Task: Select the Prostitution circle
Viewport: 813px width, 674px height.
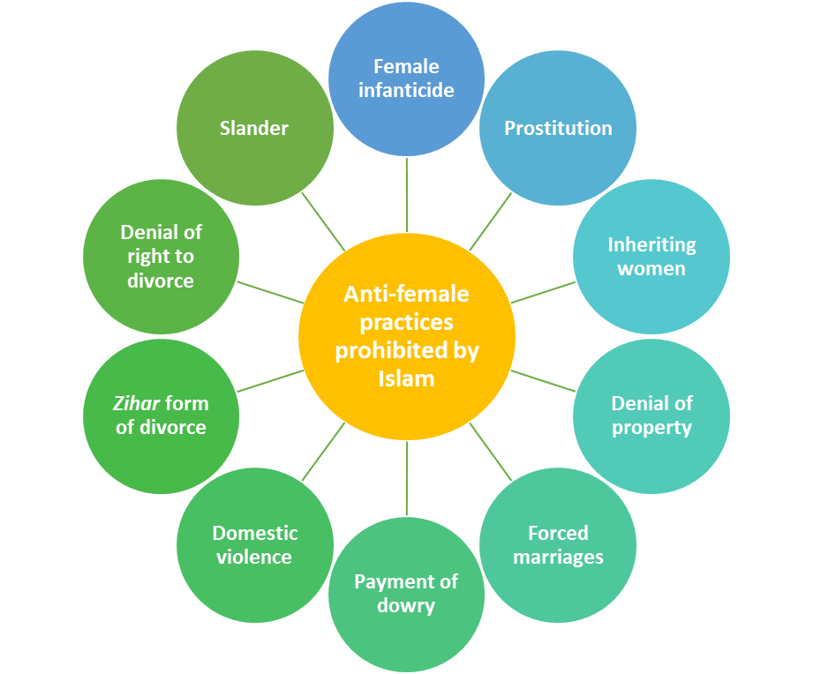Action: pos(557,128)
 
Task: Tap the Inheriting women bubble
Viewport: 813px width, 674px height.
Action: pos(651,257)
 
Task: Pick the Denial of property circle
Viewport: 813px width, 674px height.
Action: pos(651,416)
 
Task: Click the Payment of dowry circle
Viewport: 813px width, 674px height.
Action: pos(406,594)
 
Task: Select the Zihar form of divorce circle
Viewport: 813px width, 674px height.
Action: pos(161,416)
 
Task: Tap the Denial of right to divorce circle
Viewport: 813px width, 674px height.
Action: pos(161,257)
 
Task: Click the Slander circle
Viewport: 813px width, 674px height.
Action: pos(254,128)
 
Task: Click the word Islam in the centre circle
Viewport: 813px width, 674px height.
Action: pos(406,378)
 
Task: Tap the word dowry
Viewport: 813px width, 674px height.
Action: pos(406,606)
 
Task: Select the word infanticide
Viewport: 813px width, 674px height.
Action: pos(406,90)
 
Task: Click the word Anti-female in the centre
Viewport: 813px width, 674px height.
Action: pos(406,294)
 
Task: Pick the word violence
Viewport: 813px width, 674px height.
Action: pos(254,558)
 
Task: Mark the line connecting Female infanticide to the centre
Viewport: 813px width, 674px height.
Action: pos(407,194)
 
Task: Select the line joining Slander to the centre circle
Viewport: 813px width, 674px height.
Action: pos(323,221)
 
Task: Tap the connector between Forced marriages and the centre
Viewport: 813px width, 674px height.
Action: pos(491,452)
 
